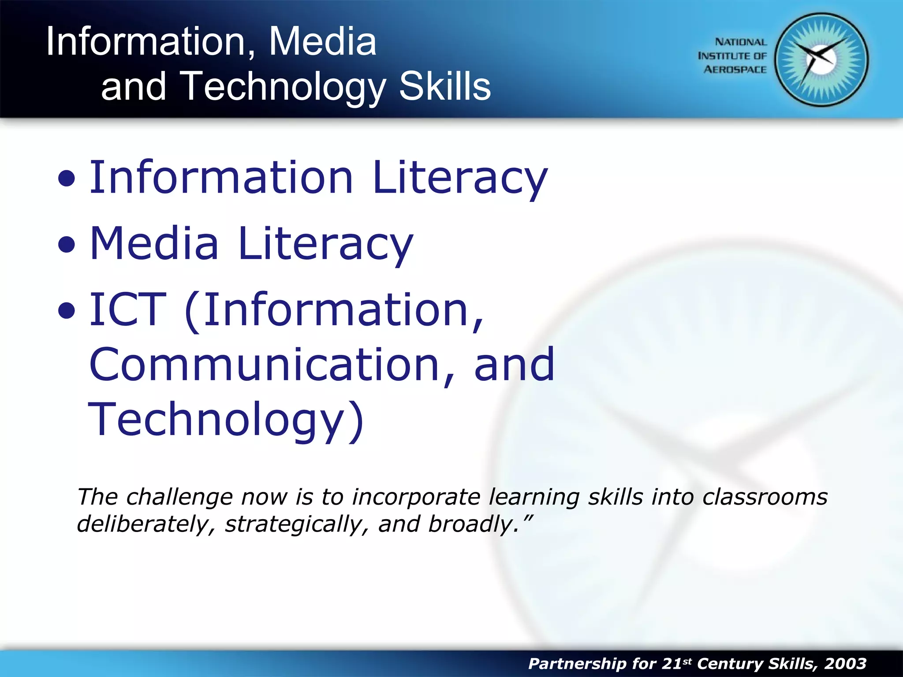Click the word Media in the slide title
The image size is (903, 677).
(322, 41)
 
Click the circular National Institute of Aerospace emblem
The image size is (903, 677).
(821, 60)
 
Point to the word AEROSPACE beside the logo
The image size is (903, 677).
(735, 70)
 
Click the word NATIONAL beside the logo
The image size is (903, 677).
(740, 42)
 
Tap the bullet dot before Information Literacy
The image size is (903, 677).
(67, 179)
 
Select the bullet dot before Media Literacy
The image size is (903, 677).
(67, 245)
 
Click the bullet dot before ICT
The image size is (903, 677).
(67, 311)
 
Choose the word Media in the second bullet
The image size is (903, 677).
(154, 243)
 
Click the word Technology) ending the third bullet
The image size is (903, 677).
(226, 421)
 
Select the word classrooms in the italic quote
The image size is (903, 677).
(765, 497)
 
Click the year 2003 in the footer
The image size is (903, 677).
(845, 663)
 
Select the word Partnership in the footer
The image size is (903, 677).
(576, 664)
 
